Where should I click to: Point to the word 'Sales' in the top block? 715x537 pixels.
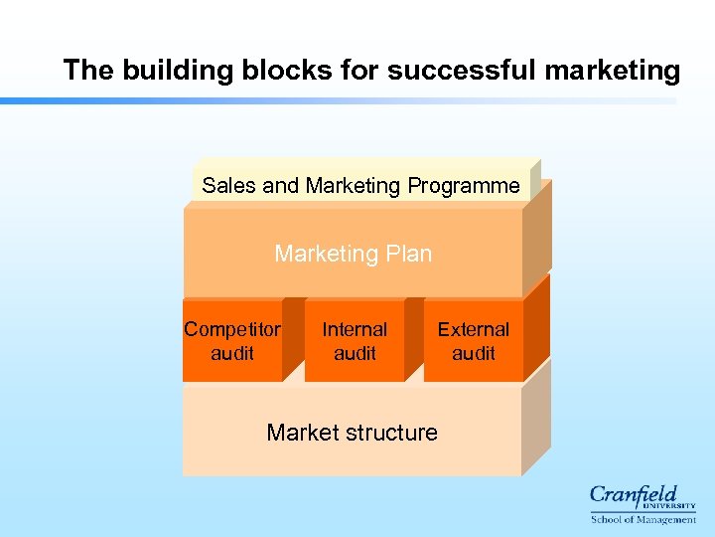coord(228,186)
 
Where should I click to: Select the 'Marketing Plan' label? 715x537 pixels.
coord(353,254)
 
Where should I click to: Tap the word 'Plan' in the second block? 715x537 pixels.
coord(407,254)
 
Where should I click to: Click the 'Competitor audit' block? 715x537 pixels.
coord(232,341)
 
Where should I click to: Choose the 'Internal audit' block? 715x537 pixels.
coord(355,341)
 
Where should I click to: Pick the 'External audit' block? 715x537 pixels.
coord(474,341)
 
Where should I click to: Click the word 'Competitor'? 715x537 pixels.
coord(232,329)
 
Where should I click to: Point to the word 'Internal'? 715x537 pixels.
coord(355,329)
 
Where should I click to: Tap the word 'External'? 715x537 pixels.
coord(474,329)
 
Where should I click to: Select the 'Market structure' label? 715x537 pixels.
coord(352,433)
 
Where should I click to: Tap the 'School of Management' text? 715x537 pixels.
coord(643,519)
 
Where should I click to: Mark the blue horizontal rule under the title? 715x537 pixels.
coord(338,100)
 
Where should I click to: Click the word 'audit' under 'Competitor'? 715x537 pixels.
coord(232,353)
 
